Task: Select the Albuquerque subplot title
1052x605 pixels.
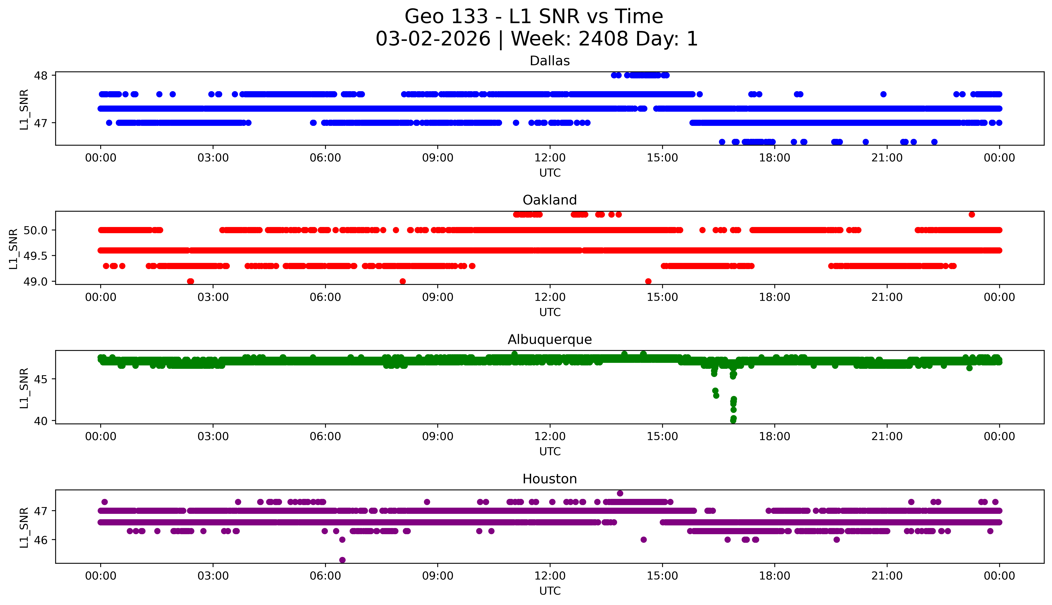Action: click(x=550, y=340)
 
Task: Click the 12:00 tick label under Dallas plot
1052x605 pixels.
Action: click(x=550, y=158)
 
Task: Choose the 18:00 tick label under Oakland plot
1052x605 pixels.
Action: click(x=775, y=297)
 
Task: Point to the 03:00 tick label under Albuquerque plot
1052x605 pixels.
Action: click(x=213, y=436)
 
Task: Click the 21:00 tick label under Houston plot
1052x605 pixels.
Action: click(x=887, y=576)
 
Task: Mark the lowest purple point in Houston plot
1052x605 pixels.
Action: click(x=342, y=560)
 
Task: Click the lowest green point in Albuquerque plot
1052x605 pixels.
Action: click(x=733, y=420)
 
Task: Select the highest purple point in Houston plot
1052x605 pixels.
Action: click(x=620, y=493)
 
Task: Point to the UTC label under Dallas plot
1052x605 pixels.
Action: click(x=550, y=173)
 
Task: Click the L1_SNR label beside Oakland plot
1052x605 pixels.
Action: click(x=13, y=249)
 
